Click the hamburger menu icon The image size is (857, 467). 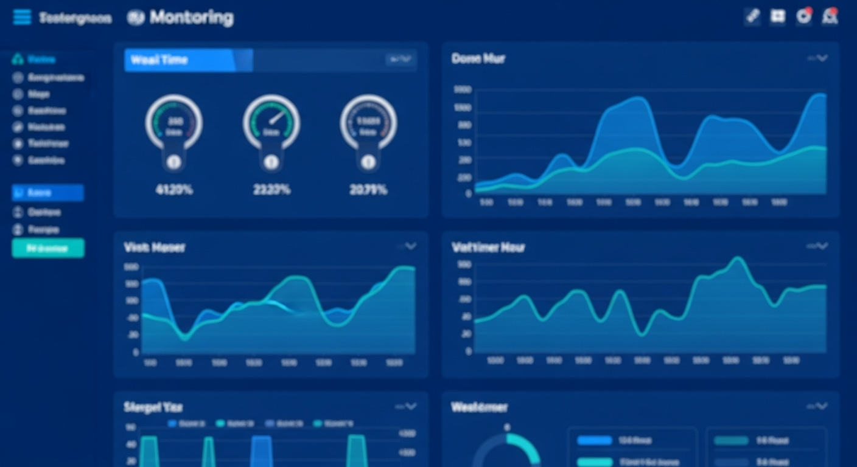(22, 17)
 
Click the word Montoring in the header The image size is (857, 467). (191, 18)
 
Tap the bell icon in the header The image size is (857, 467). (830, 17)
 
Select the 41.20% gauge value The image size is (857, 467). (174, 190)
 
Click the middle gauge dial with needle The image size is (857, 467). (271, 122)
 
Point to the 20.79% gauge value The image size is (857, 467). (368, 190)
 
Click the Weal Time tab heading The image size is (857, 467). (159, 60)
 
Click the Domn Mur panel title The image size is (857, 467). (478, 58)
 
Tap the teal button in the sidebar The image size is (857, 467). (48, 248)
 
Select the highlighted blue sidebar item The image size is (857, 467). (48, 193)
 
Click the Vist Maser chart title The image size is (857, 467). (155, 247)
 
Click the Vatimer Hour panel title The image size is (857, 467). (488, 247)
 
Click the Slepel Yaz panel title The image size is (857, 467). (153, 407)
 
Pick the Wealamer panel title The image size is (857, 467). (480, 407)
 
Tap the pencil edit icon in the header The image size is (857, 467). (753, 17)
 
